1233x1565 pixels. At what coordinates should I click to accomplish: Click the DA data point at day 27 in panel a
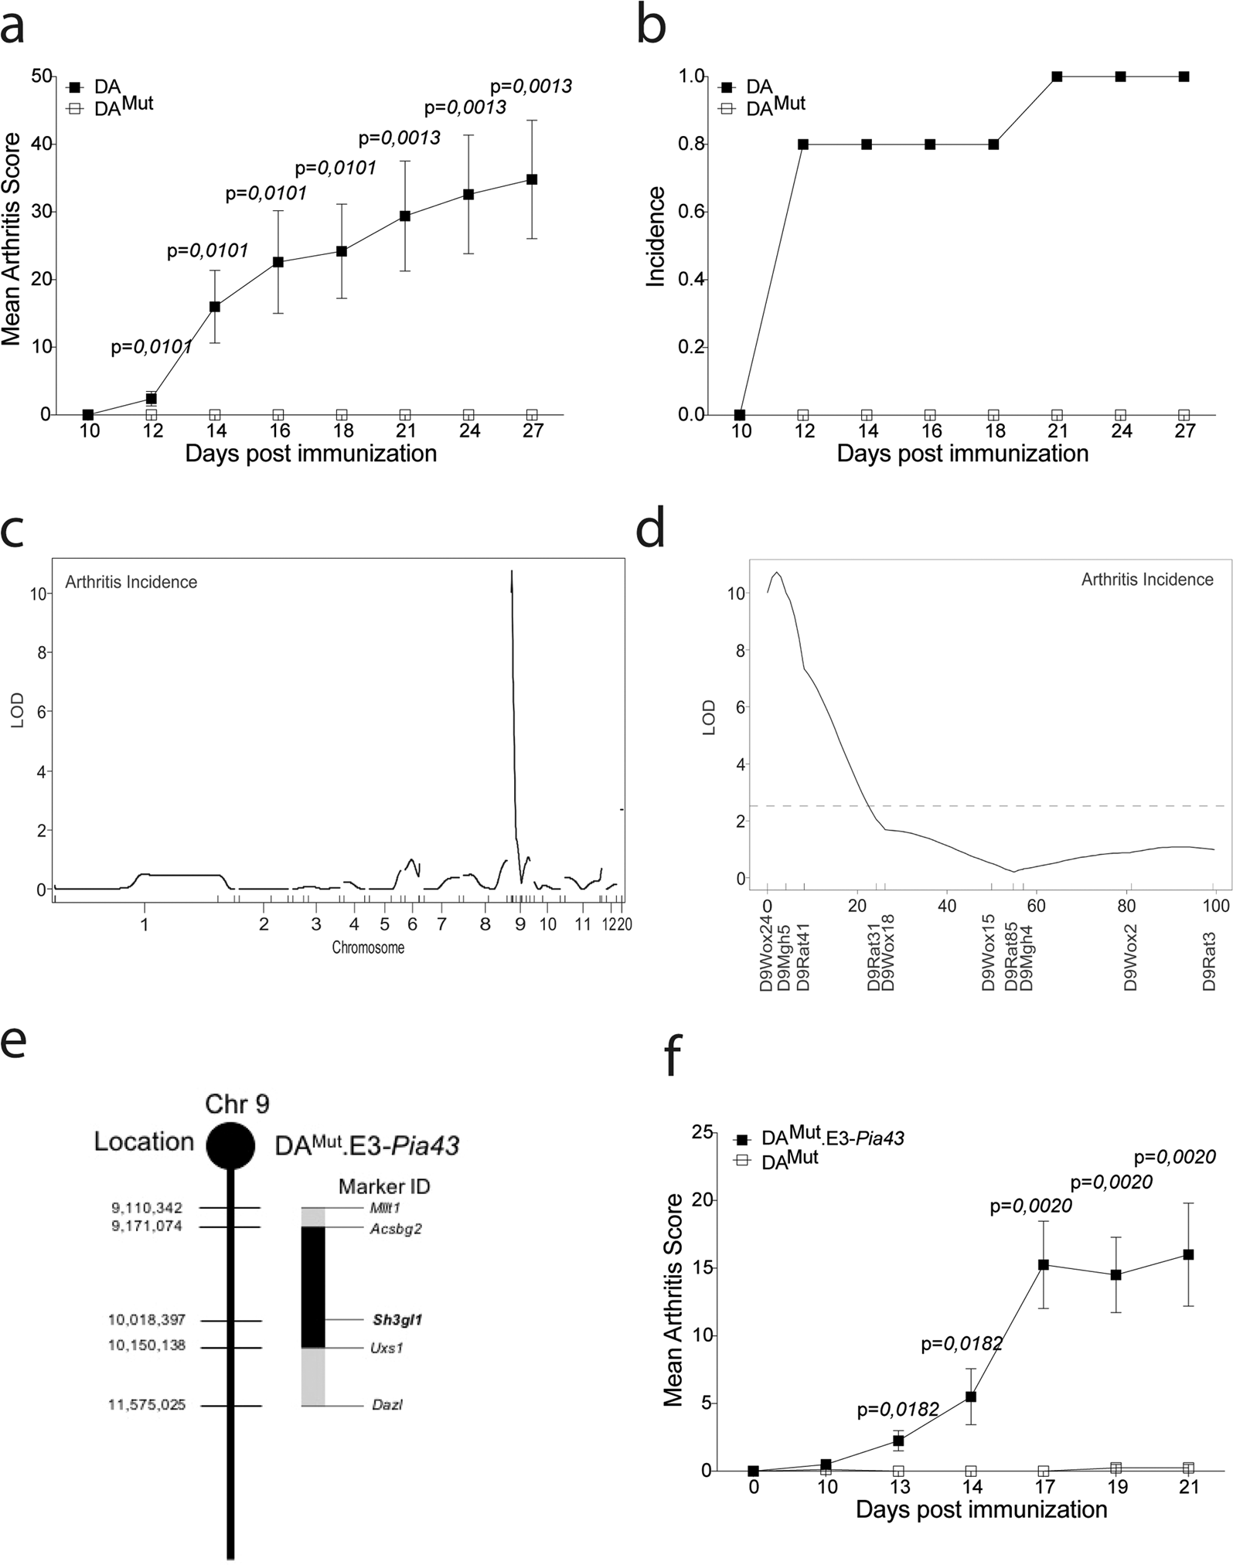coord(532,179)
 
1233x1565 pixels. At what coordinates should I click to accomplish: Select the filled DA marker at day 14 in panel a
coord(215,307)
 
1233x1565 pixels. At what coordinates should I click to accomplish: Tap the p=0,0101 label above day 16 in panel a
coord(266,193)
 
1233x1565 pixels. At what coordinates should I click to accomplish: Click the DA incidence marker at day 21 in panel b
coord(1057,77)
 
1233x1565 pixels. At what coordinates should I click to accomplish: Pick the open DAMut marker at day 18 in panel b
coord(994,415)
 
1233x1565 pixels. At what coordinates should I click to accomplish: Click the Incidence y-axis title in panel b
coord(656,236)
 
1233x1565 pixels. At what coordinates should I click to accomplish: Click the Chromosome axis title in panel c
coord(368,947)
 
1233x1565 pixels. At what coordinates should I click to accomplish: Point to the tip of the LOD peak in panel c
coord(511,572)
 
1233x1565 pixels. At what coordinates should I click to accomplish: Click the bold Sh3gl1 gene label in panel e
coord(397,1320)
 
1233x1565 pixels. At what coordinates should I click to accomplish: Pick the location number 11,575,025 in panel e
coord(147,1405)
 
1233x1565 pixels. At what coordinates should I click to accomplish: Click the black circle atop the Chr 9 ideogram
coord(230,1145)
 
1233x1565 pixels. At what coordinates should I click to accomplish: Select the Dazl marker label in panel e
coord(387,1405)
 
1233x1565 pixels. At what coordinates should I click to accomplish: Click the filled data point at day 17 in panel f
coord(1044,1264)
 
